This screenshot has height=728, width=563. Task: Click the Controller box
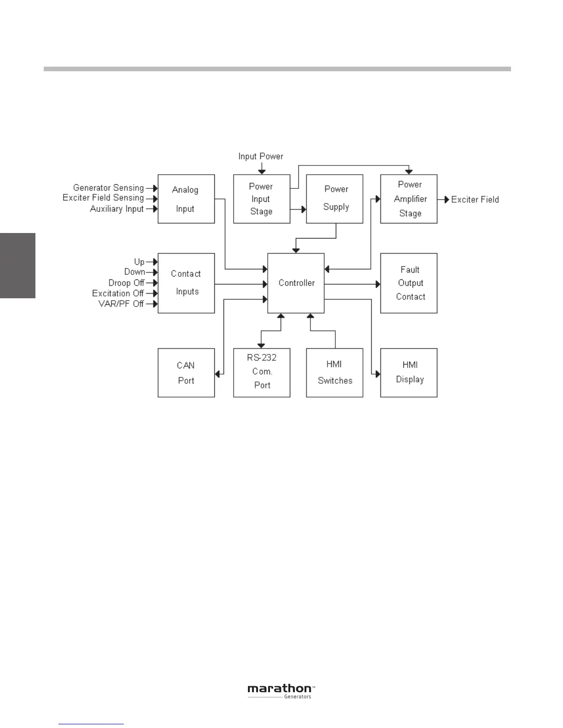(x=296, y=283)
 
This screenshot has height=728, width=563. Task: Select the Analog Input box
(x=186, y=199)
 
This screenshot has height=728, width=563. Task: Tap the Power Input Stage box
(x=261, y=199)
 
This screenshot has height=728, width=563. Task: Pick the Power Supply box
(x=334, y=199)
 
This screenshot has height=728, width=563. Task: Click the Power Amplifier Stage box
(x=408, y=199)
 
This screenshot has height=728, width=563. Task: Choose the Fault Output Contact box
(x=408, y=283)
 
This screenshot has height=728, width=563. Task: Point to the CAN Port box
(x=186, y=373)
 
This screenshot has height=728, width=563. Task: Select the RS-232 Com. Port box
(x=261, y=373)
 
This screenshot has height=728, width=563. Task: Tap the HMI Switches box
(x=334, y=373)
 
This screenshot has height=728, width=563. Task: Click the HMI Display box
(x=408, y=373)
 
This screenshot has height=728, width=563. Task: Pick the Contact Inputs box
(x=186, y=283)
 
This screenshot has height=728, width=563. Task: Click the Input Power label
(x=260, y=157)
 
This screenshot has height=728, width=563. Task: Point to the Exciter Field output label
(x=475, y=199)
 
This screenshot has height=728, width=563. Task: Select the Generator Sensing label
(x=109, y=188)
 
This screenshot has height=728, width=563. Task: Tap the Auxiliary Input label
(x=117, y=209)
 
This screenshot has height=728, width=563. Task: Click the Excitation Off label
(x=118, y=293)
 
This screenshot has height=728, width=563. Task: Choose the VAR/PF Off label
(x=121, y=304)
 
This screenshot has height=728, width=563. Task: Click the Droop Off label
(x=126, y=283)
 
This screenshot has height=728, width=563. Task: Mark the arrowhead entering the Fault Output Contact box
(x=378, y=284)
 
